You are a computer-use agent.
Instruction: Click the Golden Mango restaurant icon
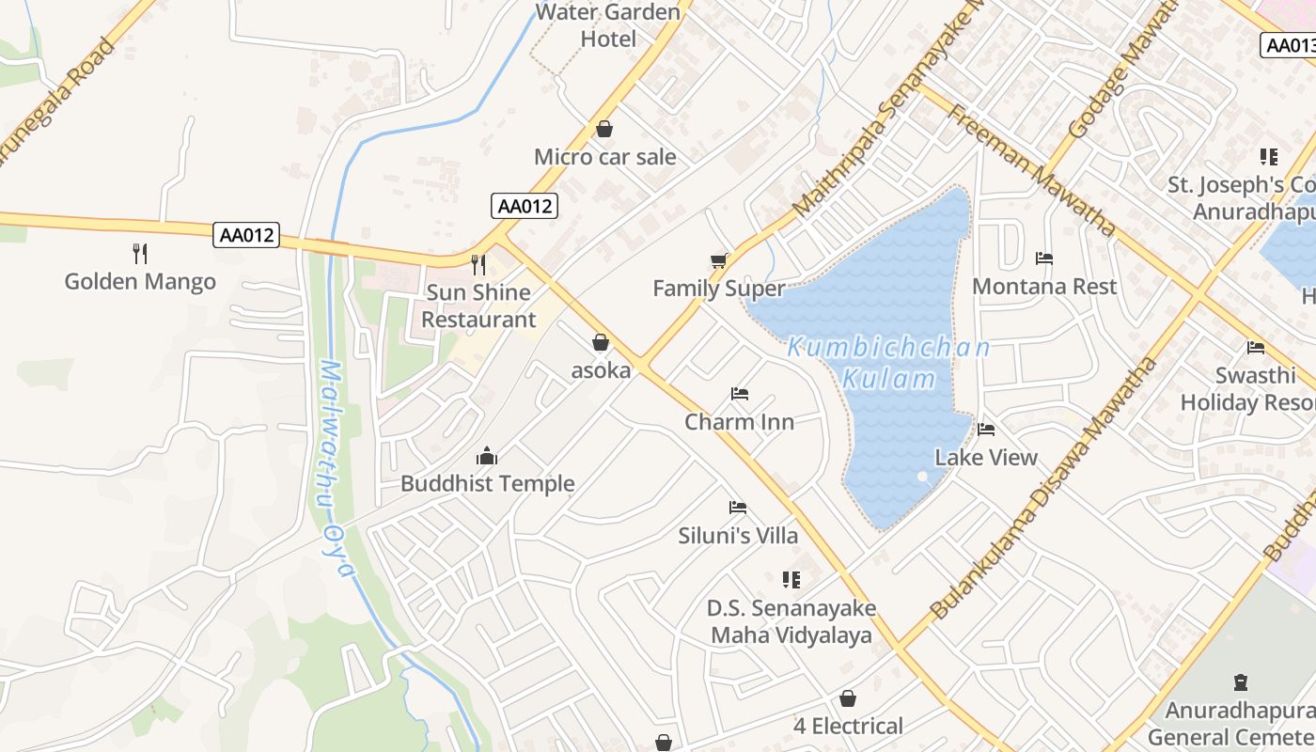coord(140,253)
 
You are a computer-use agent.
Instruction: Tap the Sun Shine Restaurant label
coord(478,305)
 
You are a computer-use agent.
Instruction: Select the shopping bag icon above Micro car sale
coord(604,129)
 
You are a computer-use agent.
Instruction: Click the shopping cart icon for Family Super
coord(719,260)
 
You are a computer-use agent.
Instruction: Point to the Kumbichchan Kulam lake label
coord(888,363)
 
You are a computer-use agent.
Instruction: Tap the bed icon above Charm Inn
coord(739,394)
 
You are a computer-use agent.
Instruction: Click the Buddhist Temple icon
coord(487,456)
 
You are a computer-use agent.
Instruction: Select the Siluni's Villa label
coord(738,536)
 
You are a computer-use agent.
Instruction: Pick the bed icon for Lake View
coord(985,430)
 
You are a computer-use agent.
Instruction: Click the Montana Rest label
coord(1044,286)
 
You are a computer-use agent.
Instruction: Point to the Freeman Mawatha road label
coord(1031,170)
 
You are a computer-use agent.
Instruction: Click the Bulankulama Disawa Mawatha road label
coord(1043,488)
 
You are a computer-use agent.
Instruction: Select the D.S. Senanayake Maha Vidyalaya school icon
coord(791,580)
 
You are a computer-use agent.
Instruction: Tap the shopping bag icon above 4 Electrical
coord(848,698)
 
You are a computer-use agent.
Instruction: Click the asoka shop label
coord(601,370)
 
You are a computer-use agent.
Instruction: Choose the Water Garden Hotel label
coord(608,25)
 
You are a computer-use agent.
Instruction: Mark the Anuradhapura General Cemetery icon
coord(1240,682)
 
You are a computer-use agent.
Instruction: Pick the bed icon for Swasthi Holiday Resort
coord(1255,348)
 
